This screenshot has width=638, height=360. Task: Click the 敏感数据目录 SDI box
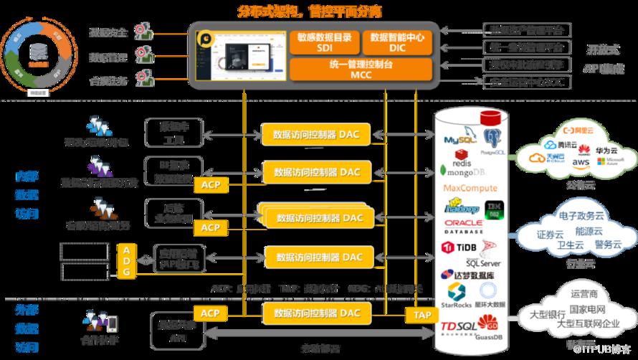325,42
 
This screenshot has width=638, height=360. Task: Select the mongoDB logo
467,172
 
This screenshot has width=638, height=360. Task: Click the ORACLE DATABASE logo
463,227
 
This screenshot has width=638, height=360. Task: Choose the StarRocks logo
458,293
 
